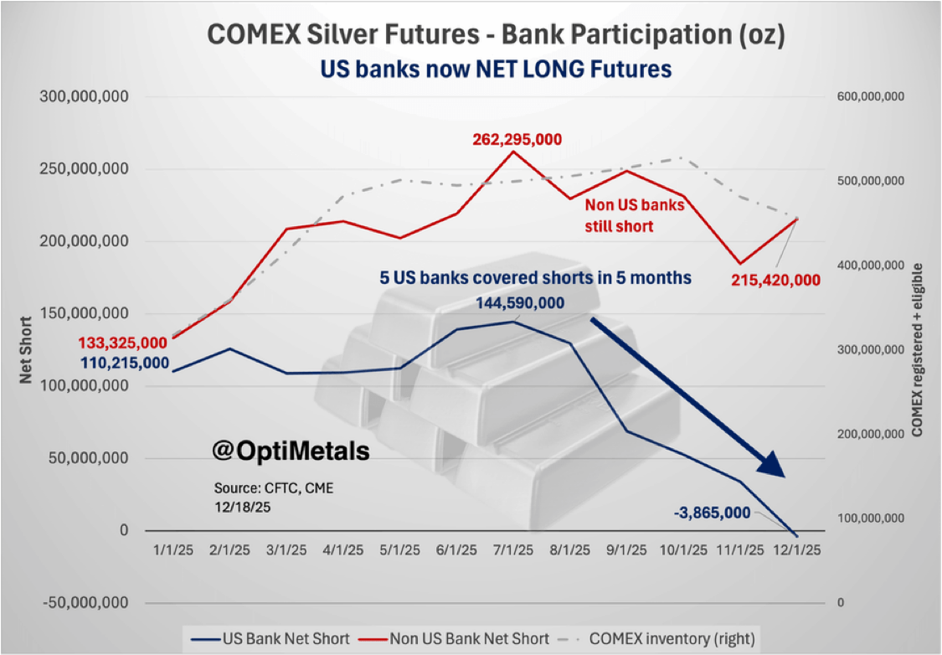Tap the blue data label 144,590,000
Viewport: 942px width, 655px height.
(x=519, y=303)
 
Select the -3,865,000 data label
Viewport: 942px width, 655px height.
(x=711, y=513)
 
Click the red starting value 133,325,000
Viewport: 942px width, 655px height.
(x=123, y=343)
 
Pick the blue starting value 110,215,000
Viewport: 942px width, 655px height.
(x=125, y=364)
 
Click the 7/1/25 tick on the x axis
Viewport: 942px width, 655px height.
(x=512, y=550)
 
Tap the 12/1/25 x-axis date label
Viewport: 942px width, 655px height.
(x=795, y=550)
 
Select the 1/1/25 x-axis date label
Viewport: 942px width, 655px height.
(x=172, y=550)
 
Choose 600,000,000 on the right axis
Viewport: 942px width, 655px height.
(x=870, y=97)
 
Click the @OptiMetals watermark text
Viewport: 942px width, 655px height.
(x=290, y=451)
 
